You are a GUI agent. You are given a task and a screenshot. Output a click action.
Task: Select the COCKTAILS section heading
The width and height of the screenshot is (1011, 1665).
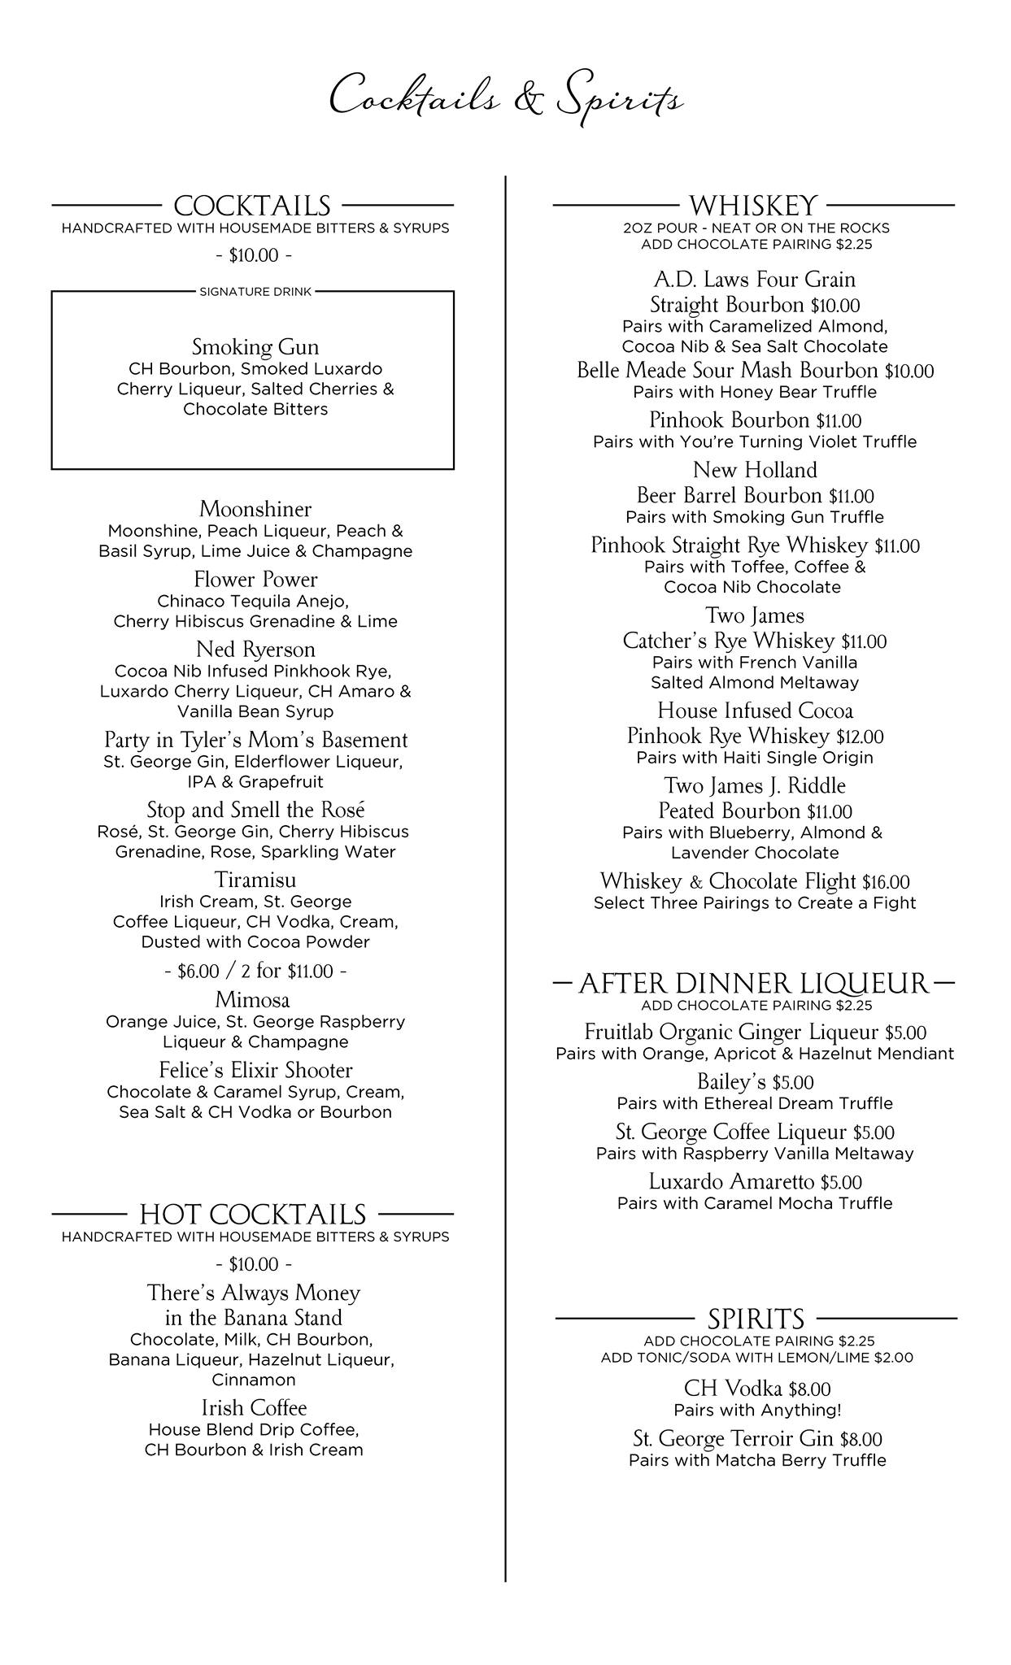[252, 206]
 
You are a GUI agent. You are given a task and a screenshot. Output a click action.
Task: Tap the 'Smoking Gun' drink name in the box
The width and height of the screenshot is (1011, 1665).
[255, 347]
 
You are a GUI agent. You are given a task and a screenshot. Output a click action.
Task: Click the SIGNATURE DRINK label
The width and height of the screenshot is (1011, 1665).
[255, 292]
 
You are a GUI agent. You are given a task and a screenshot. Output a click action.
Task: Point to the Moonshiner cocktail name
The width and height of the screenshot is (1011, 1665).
[255, 510]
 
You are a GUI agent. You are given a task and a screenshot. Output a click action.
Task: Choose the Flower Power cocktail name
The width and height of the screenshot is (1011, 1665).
[255, 580]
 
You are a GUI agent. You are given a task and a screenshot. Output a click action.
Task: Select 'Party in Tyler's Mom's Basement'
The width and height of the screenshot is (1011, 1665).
[255, 741]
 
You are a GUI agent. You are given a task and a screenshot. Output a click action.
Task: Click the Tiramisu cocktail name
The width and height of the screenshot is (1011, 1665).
[255, 880]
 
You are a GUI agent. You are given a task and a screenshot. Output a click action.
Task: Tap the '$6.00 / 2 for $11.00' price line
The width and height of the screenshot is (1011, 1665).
[255, 972]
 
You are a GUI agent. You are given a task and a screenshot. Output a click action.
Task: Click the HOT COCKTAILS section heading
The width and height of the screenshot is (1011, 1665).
[253, 1215]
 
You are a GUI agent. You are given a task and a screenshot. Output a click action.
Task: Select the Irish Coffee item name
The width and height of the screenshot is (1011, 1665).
[255, 1408]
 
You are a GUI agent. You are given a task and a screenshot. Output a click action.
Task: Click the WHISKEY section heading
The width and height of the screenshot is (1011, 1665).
[753, 206]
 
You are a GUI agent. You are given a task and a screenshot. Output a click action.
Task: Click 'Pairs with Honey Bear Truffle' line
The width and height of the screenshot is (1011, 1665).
[755, 393]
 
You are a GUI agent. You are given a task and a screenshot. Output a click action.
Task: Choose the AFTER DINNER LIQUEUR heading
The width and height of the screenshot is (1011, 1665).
[753, 985]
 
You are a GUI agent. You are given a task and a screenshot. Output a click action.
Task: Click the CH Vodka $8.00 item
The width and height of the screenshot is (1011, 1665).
[756, 1389]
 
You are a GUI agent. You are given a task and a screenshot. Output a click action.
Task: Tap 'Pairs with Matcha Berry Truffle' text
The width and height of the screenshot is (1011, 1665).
[756, 1460]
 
